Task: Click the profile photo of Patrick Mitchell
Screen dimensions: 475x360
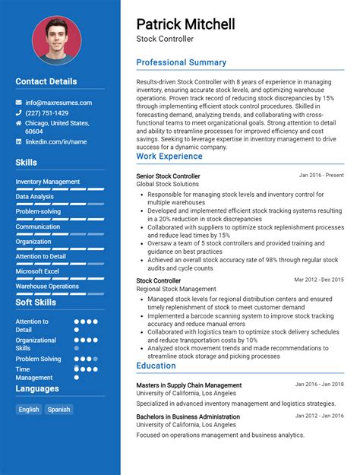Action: pyautogui.click(x=56, y=40)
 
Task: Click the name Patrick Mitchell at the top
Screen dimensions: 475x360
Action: pyautogui.click(x=185, y=24)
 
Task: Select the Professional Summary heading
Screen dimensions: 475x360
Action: pyautogui.click(x=181, y=62)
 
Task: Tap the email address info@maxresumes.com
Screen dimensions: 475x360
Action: pyautogui.click(x=58, y=103)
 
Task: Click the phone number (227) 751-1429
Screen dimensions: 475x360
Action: pyautogui.click(x=46, y=112)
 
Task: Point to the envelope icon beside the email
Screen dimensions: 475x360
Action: pyautogui.click(x=19, y=103)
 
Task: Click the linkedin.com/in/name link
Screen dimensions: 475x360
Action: pyautogui.click(x=55, y=141)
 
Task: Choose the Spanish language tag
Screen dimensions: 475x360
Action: pyautogui.click(x=58, y=409)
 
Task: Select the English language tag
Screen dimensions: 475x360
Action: pyautogui.click(x=29, y=409)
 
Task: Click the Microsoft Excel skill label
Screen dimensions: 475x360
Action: pyautogui.click(x=37, y=271)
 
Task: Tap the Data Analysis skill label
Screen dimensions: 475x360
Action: pyautogui.click(x=35, y=197)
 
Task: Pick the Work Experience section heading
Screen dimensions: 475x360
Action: pyautogui.click(x=169, y=157)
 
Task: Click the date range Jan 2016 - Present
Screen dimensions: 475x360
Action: pyautogui.click(x=321, y=176)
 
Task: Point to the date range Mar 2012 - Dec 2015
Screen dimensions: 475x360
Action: pyautogui.click(x=319, y=280)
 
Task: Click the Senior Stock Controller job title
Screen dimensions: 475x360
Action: pyautogui.click(x=168, y=176)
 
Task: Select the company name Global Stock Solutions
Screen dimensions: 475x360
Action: pyautogui.click(x=167, y=185)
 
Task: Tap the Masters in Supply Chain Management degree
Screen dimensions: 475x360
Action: pyautogui.click(x=188, y=385)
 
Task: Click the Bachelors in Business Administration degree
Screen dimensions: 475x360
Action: pyautogui.click(x=188, y=416)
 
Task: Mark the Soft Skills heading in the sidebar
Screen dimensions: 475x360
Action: pyautogui.click(x=36, y=302)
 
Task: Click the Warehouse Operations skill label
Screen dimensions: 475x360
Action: pyautogui.click(x=47, y=287)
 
